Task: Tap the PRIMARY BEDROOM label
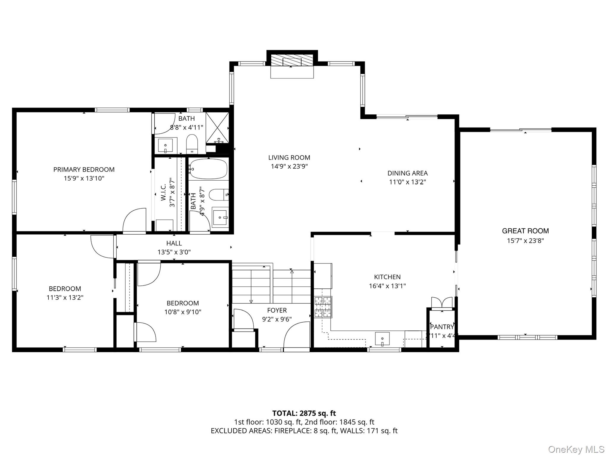tap(84, 170)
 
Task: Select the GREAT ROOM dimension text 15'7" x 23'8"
tap(525, 241)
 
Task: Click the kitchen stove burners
tap(323, 307)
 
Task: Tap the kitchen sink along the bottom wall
tap(382, 339)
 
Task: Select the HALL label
tap(174, 243)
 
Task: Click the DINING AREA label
tap(407, 173)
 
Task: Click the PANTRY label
tap(442, 327)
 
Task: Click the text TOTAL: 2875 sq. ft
tap(304, 413)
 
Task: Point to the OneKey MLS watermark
tap(576, 449)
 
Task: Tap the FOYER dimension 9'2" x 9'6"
tap(277, 319)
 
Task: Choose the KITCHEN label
tap(387, 277)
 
